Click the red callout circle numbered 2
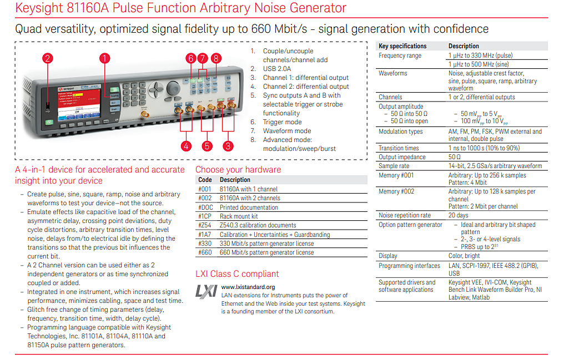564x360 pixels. pos(48,58)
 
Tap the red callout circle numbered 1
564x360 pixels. pos(105,58)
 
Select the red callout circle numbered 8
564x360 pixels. pos(216,58)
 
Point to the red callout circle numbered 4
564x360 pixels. pos(186,146)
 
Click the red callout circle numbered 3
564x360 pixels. pos(228,146)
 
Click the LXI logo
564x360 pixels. pos(207,291)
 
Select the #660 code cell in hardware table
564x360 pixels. pos(205,252)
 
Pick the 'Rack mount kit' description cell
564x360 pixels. pos(239,216)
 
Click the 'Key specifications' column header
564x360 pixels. pos(402,46)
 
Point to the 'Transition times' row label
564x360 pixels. pos(399,148)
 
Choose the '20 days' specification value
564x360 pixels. pos(459,215)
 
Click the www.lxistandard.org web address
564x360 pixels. pos(248,287)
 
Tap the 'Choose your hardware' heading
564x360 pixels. pos(238,170)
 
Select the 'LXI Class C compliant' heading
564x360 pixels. pos(237,274)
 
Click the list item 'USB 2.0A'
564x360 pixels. pos(277,69)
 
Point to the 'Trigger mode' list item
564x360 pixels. pos(283,122)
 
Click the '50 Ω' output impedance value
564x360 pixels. pos(454,157)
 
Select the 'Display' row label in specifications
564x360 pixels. pos(387,256)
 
